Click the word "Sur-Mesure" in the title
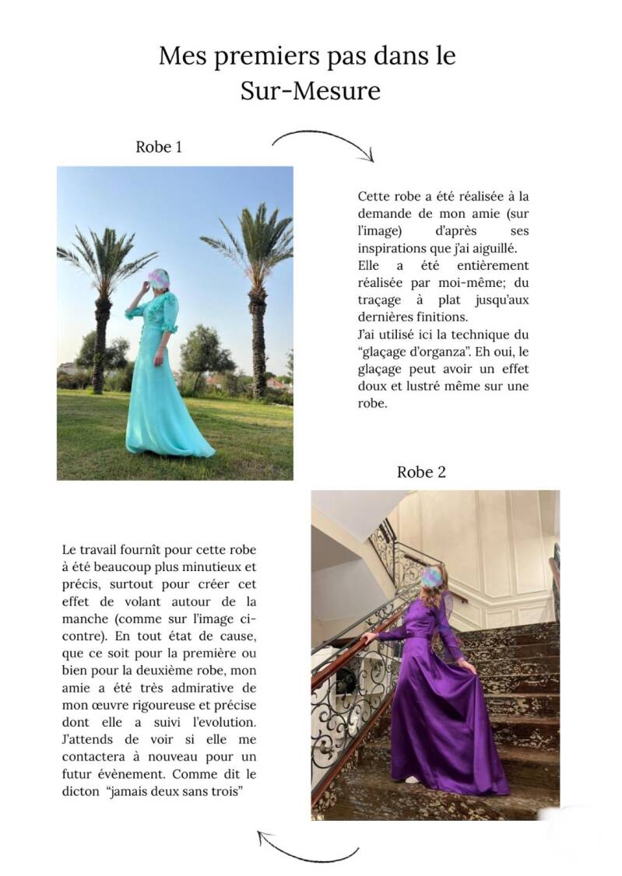pyautogui.click(x=311, y=91)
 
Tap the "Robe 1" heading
pyautogui.click(x=159, y=146)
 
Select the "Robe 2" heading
pyautogui.click(x=421, y=471)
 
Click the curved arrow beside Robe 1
pyautogui.click(x=324, y=142)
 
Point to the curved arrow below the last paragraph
pyautogui.click(x=307, y=847)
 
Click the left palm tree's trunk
pyautogui.click(x=100, y=342)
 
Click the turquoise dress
pyautogui.click(x=163, y=405)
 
